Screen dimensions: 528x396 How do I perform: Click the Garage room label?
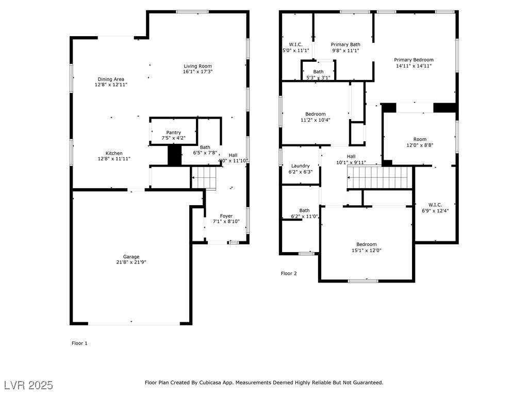pyautogui.click(x=131, y=257)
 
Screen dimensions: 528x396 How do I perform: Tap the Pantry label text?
pyautogui.click(x=173, y=133)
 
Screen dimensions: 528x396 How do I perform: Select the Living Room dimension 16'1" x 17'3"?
pyautogui.click(x=197, y=72)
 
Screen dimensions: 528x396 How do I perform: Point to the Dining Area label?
pyautogui.click(x=111, y=79)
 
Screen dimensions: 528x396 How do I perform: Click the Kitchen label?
pyautogui.click(x=114, y=153)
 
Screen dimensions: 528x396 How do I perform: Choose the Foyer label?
pyautogui.click(x=226, y=216)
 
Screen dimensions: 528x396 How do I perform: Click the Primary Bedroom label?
pyautogui.click(x=414, y=60)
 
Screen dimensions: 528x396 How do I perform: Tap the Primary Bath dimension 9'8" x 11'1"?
pyautogui.click(x=345, y=51)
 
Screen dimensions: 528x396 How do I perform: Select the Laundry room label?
pyautogui.click(x=301, y=166)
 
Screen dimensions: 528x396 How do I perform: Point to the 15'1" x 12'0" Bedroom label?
pyautogui.click(x=367, y=244)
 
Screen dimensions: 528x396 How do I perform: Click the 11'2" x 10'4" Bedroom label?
pyautogui.click(x=316, y=114)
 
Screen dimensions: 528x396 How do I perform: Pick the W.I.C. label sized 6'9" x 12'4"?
pyautogui.click(x=435, y=205)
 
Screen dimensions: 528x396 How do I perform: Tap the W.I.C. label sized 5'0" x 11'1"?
pyautogui.click(x=295, y=44)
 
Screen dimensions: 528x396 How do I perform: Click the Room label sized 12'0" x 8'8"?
pyautogui.click(x=420, y=139)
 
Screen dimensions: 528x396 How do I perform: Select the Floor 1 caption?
pyautogui.click(x=79, y=343)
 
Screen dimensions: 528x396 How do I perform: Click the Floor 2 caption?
pyautogui.click(x=289, y=273)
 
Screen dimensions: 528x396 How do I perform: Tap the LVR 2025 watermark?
pyautogui.click(x=29, y=385)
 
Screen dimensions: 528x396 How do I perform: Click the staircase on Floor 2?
pyautogui.click(x=380, y=177)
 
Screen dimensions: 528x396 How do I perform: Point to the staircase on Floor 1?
pyautogui.click(x=204, y=178)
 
